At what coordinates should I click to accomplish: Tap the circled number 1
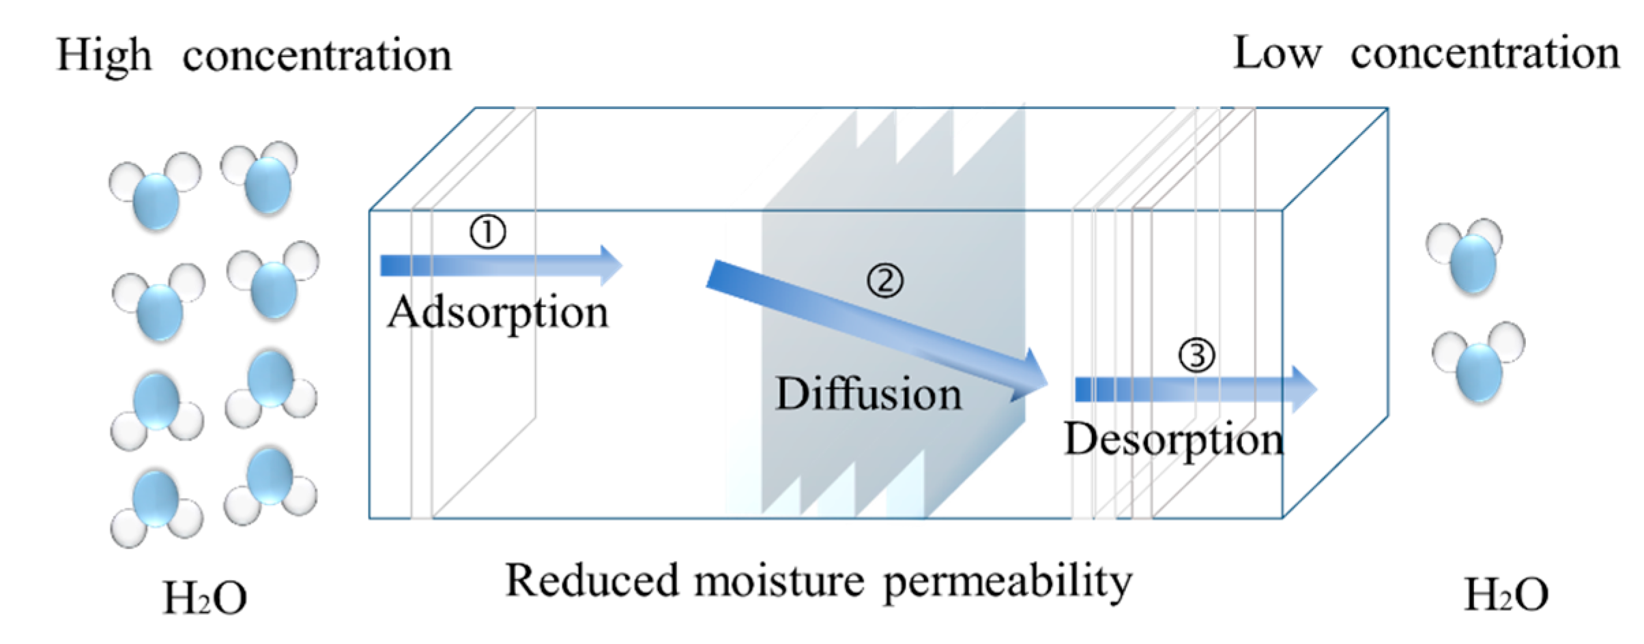tap(487, 233)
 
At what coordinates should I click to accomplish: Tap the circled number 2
tap(885, 280)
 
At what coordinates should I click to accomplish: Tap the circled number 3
tap(1197, 355)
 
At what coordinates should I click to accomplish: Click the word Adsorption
tap(497, 313)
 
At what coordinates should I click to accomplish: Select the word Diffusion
tap(868, 394)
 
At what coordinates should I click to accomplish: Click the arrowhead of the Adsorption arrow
tap(610, 265)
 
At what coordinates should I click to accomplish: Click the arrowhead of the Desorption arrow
tap(1303, 390)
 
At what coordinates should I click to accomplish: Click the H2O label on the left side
tap(205, 598)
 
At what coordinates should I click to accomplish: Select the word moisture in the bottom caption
tap(779, 581)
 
